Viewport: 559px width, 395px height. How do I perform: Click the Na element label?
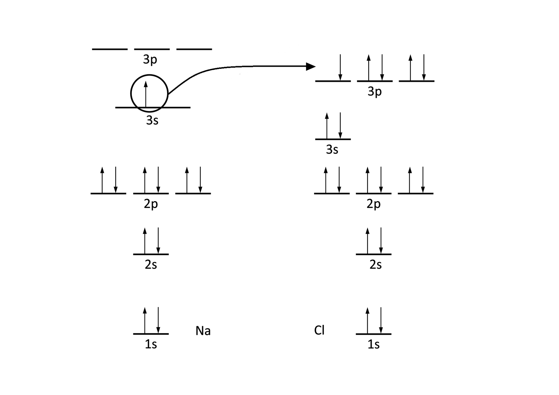tap(203, 331)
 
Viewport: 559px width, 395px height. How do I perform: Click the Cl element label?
tap(319, 330)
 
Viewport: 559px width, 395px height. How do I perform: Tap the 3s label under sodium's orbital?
tap(152, 120)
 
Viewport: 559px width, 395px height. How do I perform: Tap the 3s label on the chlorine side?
tap(332, 150)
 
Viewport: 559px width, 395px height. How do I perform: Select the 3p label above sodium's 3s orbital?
tap(150, 59)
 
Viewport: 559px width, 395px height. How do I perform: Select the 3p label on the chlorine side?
tap(374, 92)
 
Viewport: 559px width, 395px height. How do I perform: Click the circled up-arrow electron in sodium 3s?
tap(146, 94)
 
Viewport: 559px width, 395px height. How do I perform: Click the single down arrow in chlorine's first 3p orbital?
tap(340, 67)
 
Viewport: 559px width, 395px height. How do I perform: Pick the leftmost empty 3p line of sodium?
tap(110, 49)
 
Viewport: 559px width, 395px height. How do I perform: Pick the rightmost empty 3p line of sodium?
tap(194, 49)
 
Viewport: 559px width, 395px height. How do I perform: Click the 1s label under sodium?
tap(151, 344)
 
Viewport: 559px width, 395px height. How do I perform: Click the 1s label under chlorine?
tap(373, 345)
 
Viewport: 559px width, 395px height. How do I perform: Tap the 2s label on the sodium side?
tap(151, 265)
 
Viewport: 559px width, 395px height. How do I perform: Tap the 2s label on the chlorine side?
tap(375, 265)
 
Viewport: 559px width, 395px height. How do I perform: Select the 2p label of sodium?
tap(151, 204)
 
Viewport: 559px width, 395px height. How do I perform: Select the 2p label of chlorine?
tap(373, 204)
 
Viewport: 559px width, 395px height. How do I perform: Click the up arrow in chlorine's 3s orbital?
tap(327, 126)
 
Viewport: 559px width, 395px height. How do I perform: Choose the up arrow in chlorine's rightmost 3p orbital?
tap(411, 67)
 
